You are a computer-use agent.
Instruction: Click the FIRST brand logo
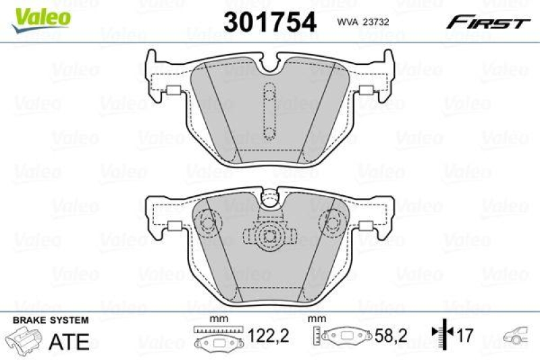point(486,23)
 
